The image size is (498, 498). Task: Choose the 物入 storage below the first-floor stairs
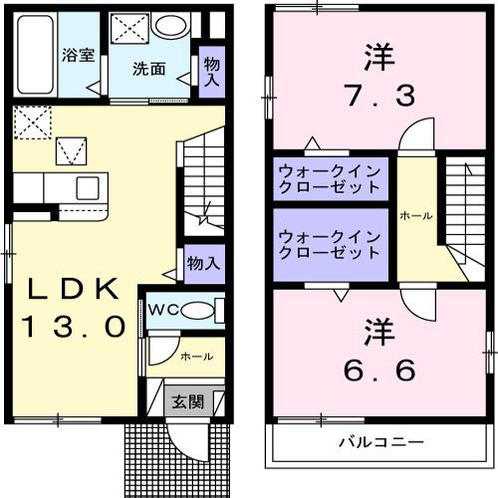(x=202, y=264)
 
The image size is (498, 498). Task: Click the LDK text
(x=75, y=289)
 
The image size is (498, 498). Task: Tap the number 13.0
(x=75, y=325)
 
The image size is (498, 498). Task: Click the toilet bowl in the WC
(x=198, y=310)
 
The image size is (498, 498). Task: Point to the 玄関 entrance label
(x=187, y=402)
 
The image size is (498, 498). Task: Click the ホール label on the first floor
(x=195, y=355)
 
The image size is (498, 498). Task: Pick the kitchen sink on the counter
(x=88, y=187)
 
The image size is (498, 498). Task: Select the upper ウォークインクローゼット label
(x=330, y=177)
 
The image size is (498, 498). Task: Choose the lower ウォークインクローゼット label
(x=330, y=244)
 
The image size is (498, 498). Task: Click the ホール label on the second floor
(x=416, y=215)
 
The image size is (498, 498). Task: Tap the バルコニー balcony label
(x=380, y=441)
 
